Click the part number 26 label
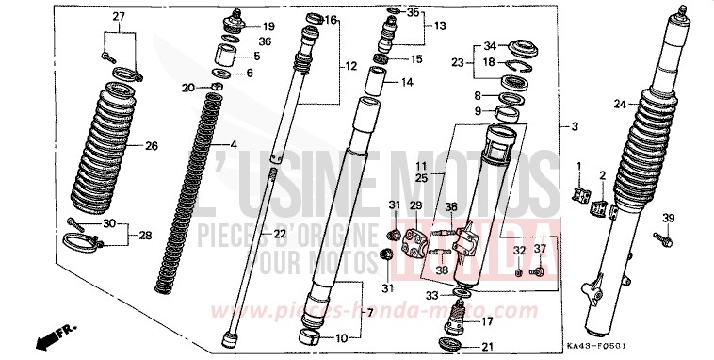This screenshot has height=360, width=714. click(x=151, y=146)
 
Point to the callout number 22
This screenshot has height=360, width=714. click(x=254, y=234)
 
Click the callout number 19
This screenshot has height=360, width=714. click(x=269, y=25)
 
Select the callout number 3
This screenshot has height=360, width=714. click(x=574, y=126)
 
